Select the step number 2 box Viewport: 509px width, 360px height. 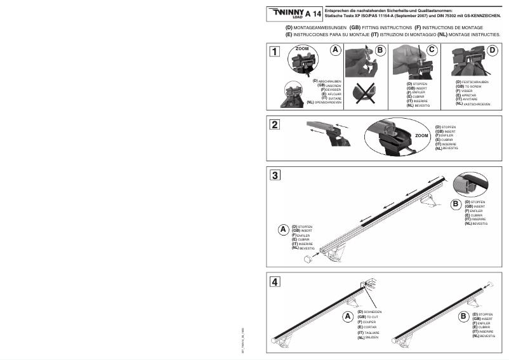tap(275, 124)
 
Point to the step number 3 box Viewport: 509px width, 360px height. tap(274, 175)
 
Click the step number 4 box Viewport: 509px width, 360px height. tap(274, 281)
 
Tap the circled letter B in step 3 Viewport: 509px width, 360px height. tap(455, 204)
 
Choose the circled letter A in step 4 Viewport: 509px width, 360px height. tap(347, 316)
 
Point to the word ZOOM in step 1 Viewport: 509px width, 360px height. tap(301, 48)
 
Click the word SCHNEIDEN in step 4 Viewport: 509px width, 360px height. tap(373, 312)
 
